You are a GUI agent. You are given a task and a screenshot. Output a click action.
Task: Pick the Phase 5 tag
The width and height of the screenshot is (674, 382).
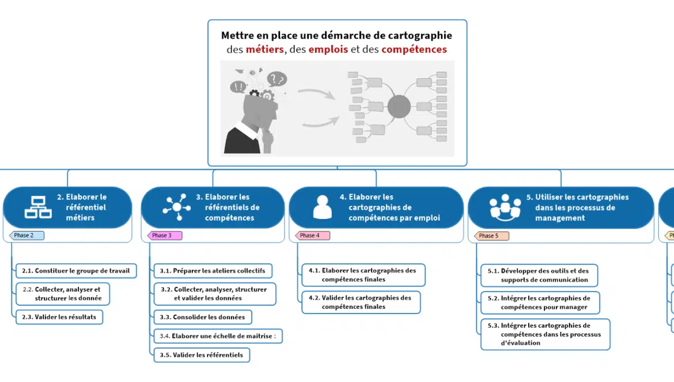pos(491,236)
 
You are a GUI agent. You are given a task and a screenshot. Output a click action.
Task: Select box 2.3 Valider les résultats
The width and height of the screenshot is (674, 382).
pos(59,317)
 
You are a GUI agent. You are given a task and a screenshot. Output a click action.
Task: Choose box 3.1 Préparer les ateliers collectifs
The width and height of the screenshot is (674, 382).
pos(213,271)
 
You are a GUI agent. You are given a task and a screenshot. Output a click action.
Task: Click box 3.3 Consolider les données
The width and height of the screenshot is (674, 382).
pos(202,317)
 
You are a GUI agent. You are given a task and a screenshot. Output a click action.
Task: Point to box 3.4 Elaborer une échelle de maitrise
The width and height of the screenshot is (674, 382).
pos(218,336)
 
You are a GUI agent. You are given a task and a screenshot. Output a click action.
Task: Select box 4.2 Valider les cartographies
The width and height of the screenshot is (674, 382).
pos(361,302)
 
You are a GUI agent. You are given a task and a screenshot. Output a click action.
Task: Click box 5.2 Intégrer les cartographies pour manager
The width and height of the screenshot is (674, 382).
pos(540,302)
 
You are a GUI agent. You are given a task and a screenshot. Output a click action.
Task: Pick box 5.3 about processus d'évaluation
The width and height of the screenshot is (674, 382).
pos(546,334)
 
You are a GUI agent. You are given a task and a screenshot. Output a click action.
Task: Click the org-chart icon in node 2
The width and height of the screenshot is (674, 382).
pos(38,207)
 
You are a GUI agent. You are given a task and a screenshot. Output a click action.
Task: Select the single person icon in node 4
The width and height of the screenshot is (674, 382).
pos(323,207)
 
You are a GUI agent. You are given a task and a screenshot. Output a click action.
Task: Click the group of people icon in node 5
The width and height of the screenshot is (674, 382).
pos(505,207)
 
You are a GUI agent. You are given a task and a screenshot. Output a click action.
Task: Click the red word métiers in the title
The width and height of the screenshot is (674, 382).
pos(264,50)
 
